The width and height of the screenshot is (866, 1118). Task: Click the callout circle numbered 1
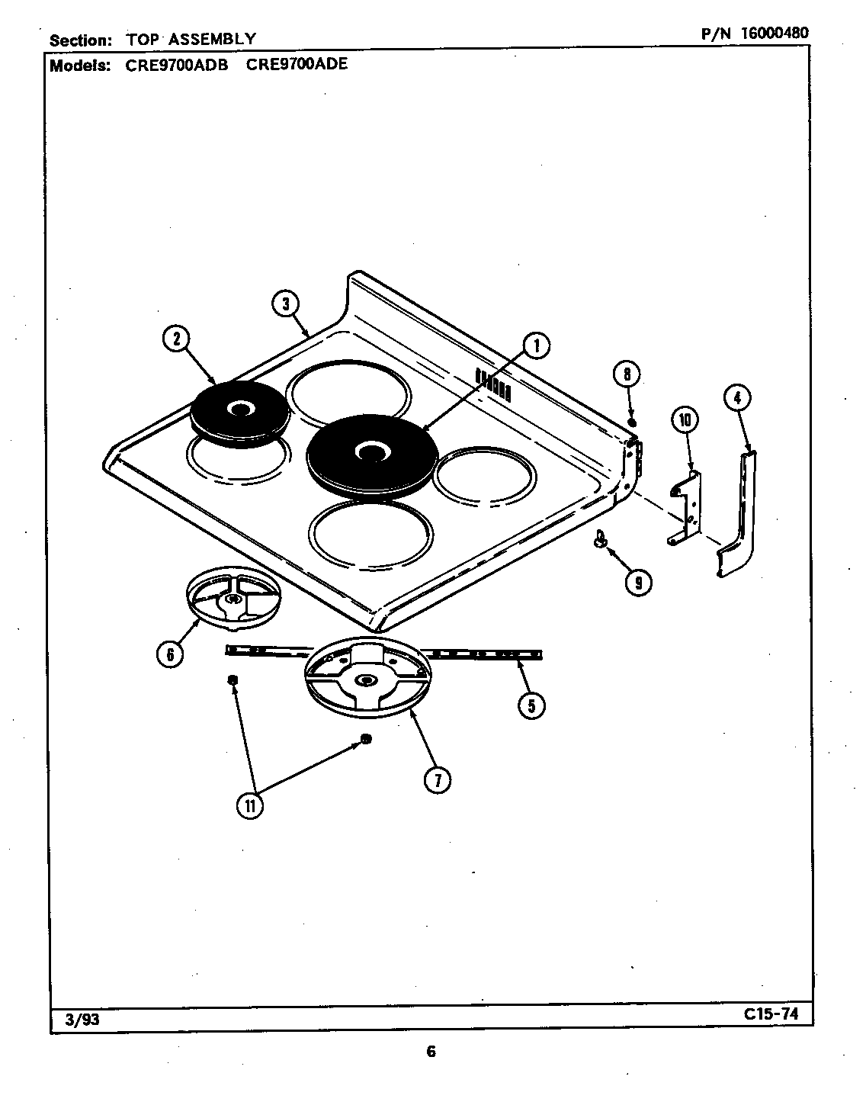tap(536, 346)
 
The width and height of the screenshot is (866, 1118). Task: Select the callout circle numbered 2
tap(176, 339)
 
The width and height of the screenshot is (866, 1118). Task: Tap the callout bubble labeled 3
tap(285, 304)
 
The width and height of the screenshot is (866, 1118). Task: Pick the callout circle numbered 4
tap(737, 397)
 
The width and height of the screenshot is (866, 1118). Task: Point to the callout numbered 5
tap(531, 705)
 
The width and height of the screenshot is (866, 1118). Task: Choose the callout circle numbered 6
tap(170, 654)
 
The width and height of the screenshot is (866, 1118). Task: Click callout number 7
tap(438, 779)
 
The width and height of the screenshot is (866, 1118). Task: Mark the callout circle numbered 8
tap(627, 374)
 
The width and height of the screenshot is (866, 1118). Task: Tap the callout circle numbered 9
tap(637, 583)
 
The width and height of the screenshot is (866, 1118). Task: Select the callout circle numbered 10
tap(685, 419)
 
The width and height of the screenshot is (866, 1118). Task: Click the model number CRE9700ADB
tap(177, 65)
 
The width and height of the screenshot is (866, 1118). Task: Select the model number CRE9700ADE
tap(297, 64)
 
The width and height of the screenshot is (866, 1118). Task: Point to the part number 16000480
tap(770, 33)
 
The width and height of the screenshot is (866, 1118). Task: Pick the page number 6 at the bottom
tap(431, 1052)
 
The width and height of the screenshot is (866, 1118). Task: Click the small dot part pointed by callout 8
tap(632, 422)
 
